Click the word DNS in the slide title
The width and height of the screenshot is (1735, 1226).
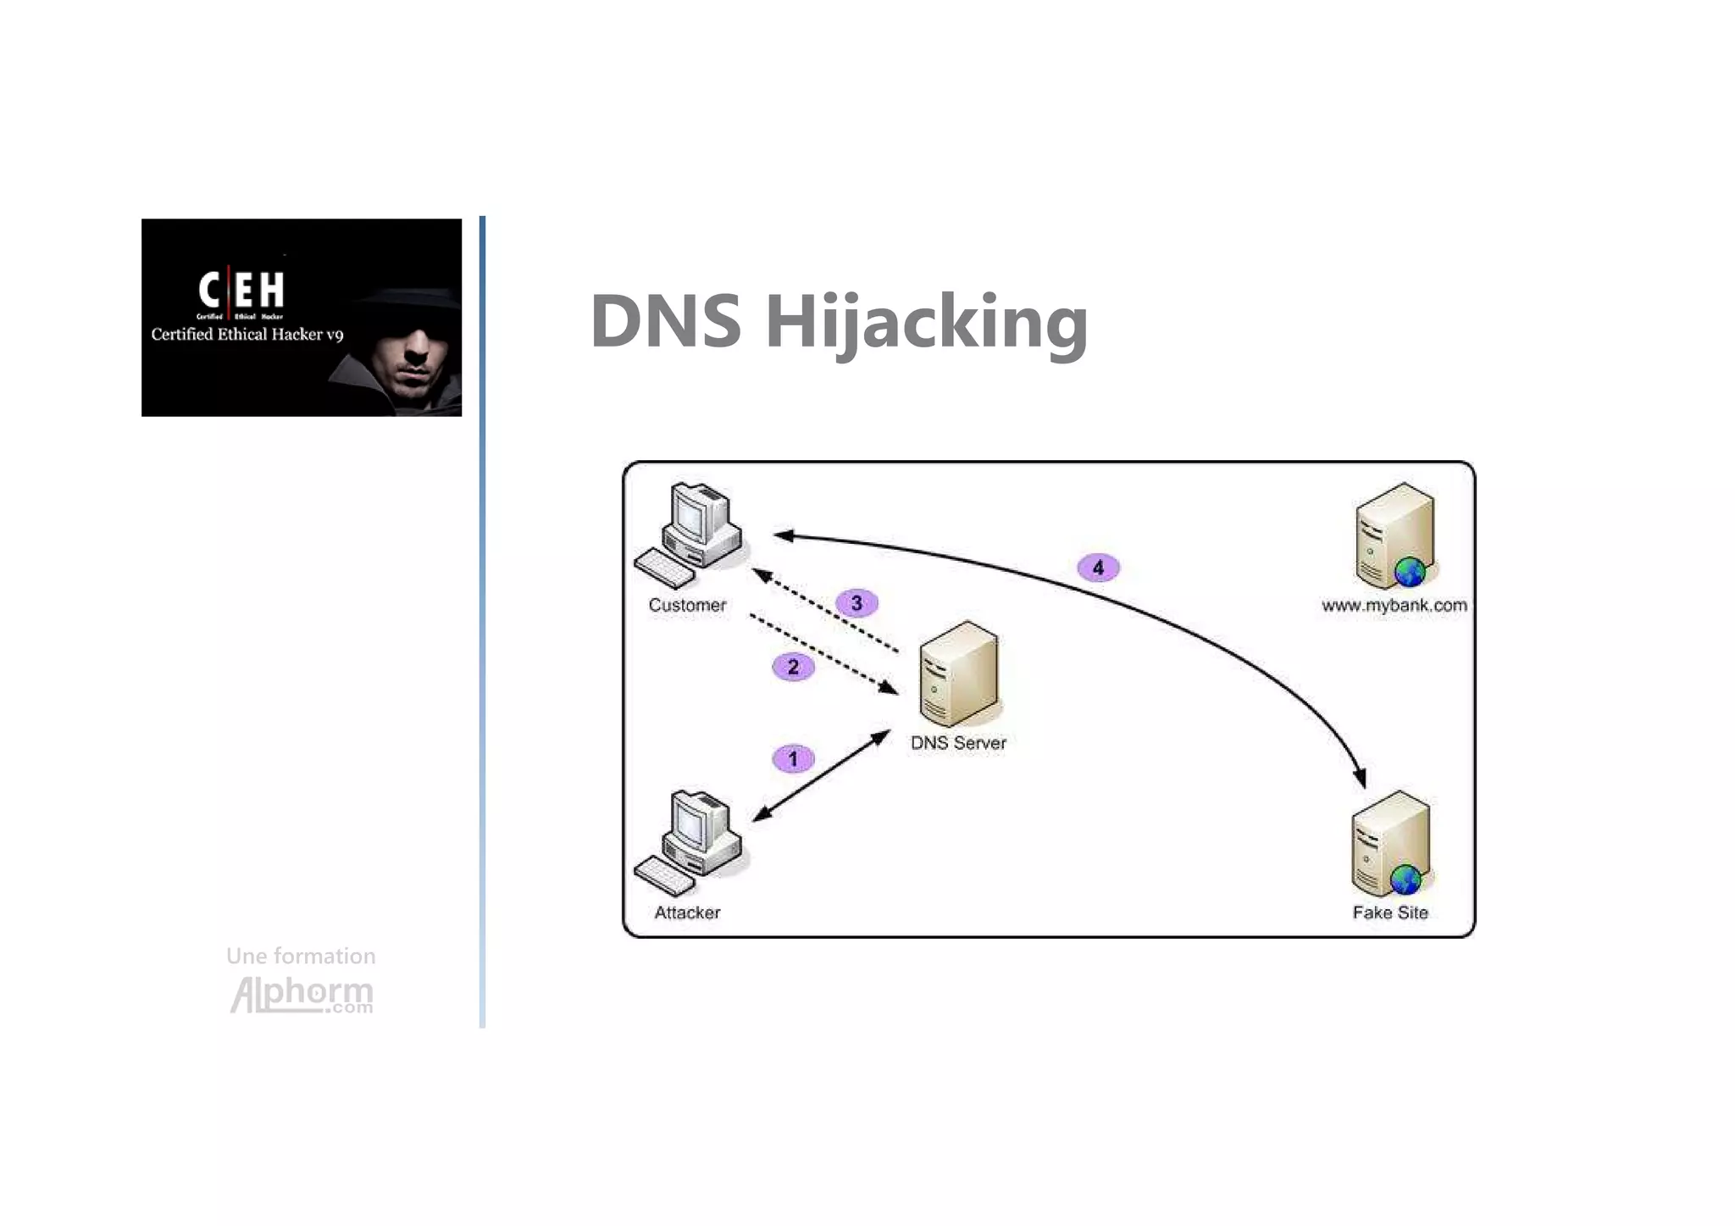pyautogui.click(x=666, y=320)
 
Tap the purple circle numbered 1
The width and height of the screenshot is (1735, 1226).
pyautogui.click(x=793, y=758)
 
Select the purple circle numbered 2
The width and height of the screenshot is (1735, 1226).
pyautogui.click(x=793, y=667)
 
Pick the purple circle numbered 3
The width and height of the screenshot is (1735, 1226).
pyautogui.click(x=856, y=603)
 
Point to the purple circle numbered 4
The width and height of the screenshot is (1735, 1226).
pyautogui.click(x=1098, y=567)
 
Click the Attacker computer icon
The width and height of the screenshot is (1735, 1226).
pyautogui.click(x=690, y=843)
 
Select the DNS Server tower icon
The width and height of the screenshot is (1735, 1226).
pyautogui.click(x=960, y=674)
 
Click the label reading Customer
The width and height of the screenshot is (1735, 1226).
pyautogui.click(x=687, y=605)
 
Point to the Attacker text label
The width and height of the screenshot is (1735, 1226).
pyautogui.click(x=687, y=913)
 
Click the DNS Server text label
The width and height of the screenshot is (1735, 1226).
pyautogui.click(x=958, y=743)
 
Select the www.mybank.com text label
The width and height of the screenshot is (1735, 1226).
pyautogui.click(x=1394, y=605)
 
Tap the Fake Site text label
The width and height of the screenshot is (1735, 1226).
pyautogui.click(x=1390, y=913)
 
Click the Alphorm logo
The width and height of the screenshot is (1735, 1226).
pyautogui.click(x=302, y=994)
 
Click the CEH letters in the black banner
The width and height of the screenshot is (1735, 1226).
pyautogui.click(x=241, y=290)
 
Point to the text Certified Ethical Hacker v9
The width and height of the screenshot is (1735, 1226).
pyautogui.click(x=247, y=334)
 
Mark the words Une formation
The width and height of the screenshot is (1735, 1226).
pyautogui.click(x=301, y=956)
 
